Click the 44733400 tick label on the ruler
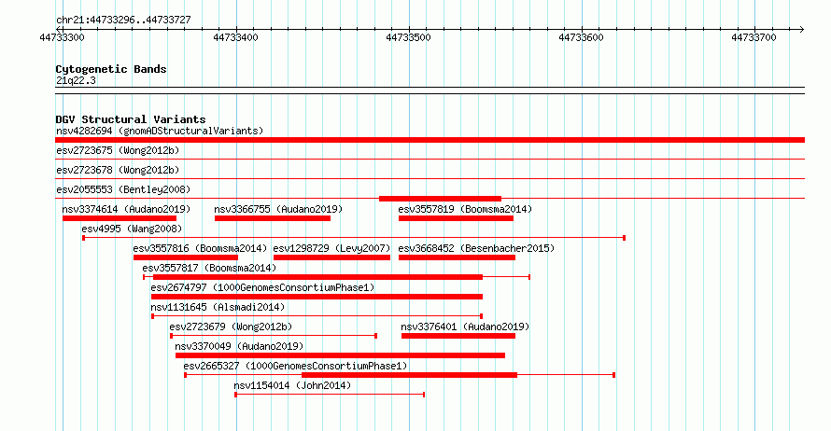click(236, 37)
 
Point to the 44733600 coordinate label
click(582, 37)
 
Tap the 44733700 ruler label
click(754, 37)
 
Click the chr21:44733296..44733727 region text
click(123, 21)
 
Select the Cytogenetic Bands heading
click(111, 69)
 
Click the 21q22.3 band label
click(76, 80)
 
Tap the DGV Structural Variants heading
click(131, 119)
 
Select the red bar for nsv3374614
click(120, 218)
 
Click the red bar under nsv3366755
click(273, 218)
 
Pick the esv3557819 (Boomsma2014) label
click(465, 209)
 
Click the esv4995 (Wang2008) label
click(132, 229)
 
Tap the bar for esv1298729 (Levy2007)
click(331, 257)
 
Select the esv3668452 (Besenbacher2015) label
click(476, 248)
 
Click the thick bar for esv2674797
click(317, 297)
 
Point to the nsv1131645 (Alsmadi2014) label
click(218, 307)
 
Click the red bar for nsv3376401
click(458, 336)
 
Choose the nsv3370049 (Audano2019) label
click(239, 346)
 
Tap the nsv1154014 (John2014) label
click(292, 385)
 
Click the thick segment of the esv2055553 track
click(440, 199)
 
